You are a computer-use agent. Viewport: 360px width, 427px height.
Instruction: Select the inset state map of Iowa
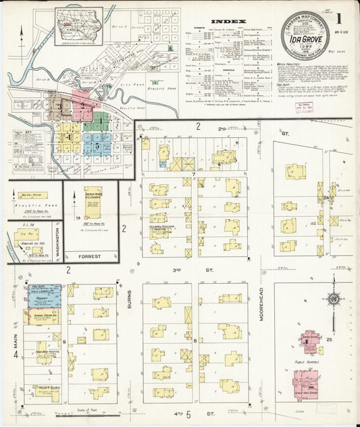pyautogui.click(x=79, y=25)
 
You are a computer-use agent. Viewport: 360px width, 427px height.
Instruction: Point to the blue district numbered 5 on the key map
pyautogui.click(x=97, y=145)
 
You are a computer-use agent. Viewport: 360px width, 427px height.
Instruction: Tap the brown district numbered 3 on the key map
pyautogui.click(x=59, y=106)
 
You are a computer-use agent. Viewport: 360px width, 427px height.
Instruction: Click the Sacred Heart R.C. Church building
pyautogui.click(x=93, y=201)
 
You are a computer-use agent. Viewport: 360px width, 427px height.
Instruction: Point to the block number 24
pyautogui.click(x=326, y=197)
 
